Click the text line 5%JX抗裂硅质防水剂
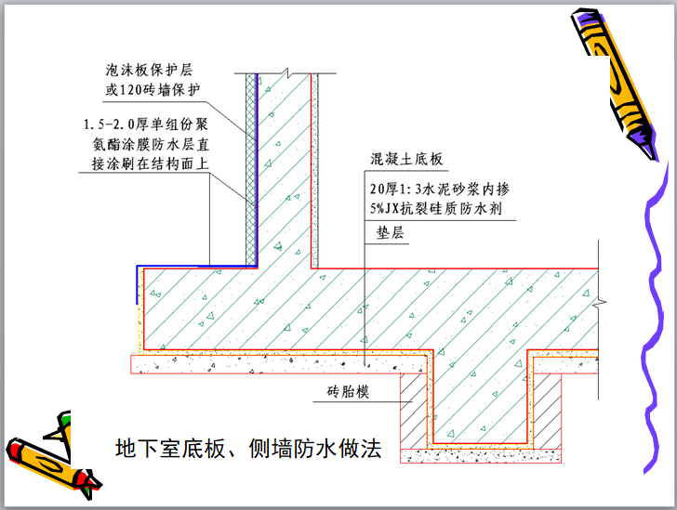pos(435,209)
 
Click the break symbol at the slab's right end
pos(602,303)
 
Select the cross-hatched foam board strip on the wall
pos(249,167)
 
